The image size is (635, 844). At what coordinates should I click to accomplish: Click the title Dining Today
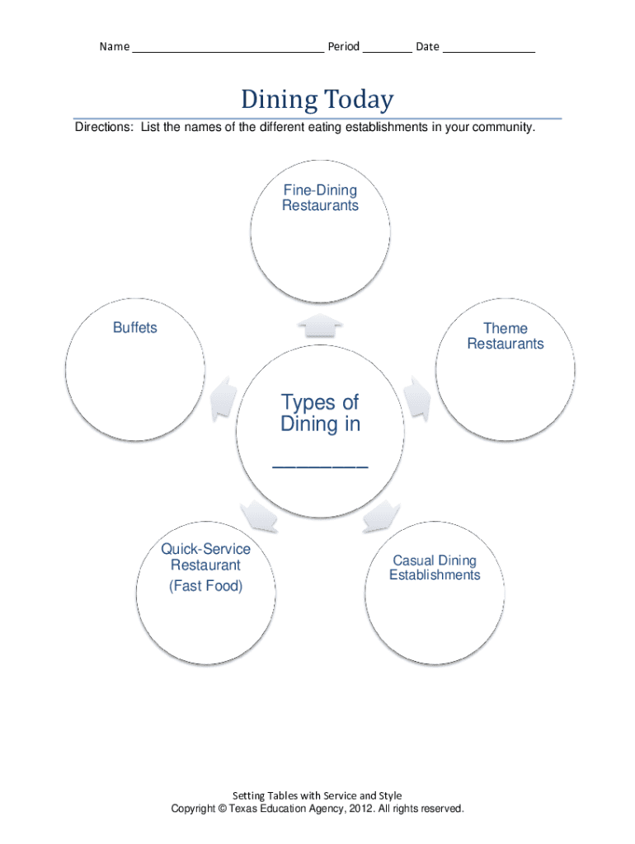pyautogui.click(x=317, y=101)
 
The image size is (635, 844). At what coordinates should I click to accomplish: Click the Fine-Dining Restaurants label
pyautogui.click(x=320, y=198)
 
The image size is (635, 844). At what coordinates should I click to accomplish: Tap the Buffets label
pyautogui.click(x=134, y=328)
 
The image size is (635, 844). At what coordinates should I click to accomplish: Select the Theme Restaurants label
pyautogui.click(x=506, y=336)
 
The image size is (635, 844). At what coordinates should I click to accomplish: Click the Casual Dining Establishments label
pyautogui.click(x=435, y=568)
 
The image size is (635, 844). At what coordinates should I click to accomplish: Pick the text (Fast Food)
pyautogui.click(x=205, y=586)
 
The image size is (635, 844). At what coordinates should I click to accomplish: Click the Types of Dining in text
pyautogui.click(x=320, y=413)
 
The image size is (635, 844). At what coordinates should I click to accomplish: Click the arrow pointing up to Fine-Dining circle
pyautogui.click(x=320, y=326)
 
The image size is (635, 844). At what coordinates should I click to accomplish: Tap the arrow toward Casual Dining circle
pyautogui.click(x=380, y=517)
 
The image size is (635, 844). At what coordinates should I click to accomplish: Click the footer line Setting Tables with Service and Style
pyautogui.click(x=317, y=795)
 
